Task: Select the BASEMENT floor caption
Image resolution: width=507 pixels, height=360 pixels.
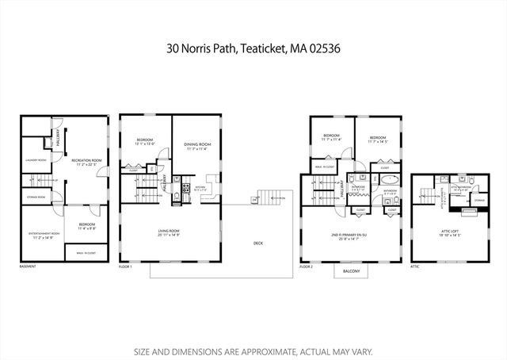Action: [x=28, y=267]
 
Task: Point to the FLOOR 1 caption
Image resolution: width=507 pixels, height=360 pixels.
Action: [x=126, y=267]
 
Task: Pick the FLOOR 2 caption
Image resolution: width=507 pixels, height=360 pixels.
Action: [x=307, y=267]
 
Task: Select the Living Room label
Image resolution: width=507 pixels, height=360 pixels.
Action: [x=169, y=232]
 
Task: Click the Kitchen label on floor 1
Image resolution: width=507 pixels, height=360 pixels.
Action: [x=200, y=188]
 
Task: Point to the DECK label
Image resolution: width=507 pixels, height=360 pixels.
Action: [x=258, y=243]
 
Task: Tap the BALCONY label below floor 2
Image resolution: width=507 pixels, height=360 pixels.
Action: [x=351, y=272]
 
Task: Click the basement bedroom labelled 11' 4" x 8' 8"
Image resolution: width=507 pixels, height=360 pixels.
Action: [x=87, y=225]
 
